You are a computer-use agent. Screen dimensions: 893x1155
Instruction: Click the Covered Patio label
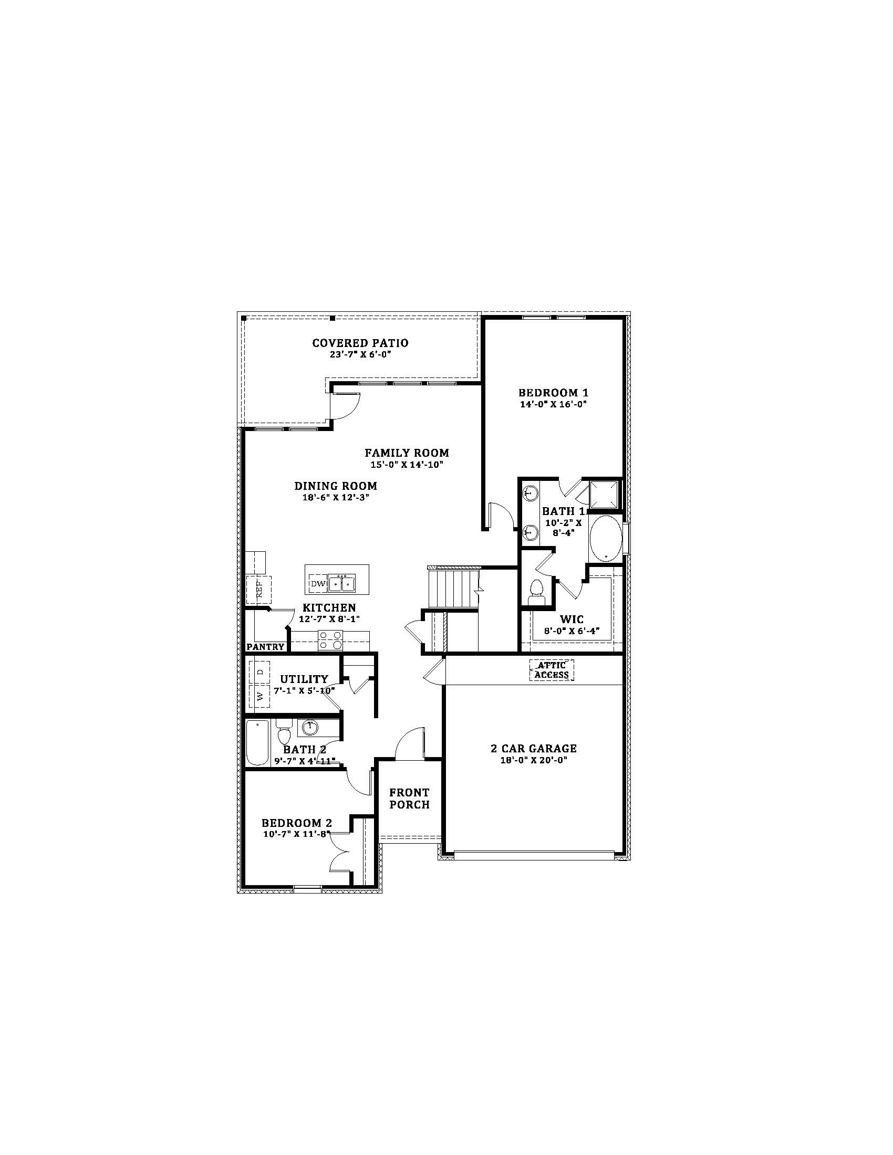[360, 343]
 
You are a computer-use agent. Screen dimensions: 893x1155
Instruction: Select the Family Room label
[406, 453]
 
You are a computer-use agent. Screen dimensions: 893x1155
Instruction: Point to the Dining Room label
[336, 486]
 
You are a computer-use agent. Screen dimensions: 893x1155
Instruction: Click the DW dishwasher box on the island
[317, 584]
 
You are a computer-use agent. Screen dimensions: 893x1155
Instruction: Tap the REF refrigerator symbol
[259, 590]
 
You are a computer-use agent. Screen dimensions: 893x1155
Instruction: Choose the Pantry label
[266, 647]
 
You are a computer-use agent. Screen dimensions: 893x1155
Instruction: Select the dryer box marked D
[259, 672]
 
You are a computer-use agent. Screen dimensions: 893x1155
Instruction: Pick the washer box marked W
[259, 697]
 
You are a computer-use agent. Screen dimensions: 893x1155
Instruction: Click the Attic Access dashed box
[552, 670]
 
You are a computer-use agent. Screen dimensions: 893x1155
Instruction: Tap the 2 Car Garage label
[533, 748]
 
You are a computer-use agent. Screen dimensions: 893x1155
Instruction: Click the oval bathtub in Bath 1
[606, 538]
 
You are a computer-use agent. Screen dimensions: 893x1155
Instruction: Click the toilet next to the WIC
[536, 591]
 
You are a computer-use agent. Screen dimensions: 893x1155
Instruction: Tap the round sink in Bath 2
[310, 728]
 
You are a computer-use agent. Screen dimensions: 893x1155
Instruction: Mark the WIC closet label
[572, 619]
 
